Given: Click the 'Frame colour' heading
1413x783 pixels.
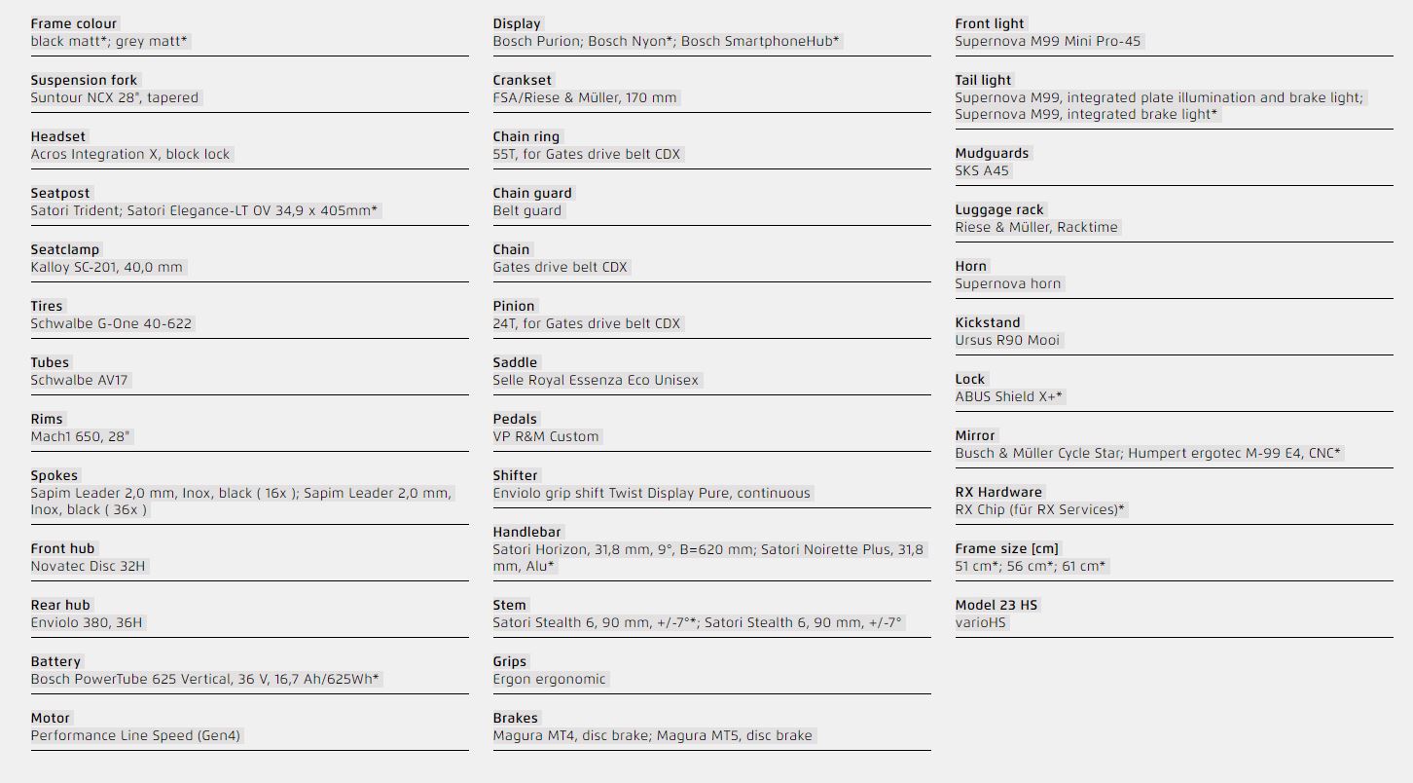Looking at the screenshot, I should coord(74,23).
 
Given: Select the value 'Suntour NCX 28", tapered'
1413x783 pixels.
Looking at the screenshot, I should coord(115,97).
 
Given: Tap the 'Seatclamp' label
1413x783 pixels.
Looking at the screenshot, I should coord(65,249).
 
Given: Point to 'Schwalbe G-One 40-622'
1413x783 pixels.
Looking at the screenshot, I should coord(112,323).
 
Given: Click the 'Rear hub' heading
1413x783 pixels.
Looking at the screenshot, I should coord(60,605).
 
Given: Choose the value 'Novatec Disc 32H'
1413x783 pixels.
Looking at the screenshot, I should coord(89,566).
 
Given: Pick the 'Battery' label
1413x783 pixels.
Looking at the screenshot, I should coord(55,661).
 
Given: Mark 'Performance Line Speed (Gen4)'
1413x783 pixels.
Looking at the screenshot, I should coord(135,735).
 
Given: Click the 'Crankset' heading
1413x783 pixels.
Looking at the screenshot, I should coord(523,80).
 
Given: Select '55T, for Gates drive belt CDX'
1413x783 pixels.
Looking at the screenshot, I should coord(587,154).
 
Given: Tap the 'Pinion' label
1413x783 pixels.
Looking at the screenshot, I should coord(514,306).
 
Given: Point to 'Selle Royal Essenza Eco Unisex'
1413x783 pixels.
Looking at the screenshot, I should coord(596,380).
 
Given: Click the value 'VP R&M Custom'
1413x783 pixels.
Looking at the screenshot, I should coord(546,436).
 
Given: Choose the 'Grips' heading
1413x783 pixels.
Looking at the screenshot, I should coord(510,661).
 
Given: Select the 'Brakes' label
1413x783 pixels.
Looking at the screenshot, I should coord(516,718).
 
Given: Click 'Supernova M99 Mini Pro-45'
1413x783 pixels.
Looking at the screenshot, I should coord(1048,41).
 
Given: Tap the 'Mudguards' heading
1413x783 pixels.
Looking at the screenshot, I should coord(992,153).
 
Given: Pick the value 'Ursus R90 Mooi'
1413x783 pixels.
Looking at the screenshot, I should coord(1008,340).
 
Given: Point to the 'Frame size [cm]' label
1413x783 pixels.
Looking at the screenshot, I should coord(1007,548).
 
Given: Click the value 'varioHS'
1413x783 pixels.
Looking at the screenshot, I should coord(981,622).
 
